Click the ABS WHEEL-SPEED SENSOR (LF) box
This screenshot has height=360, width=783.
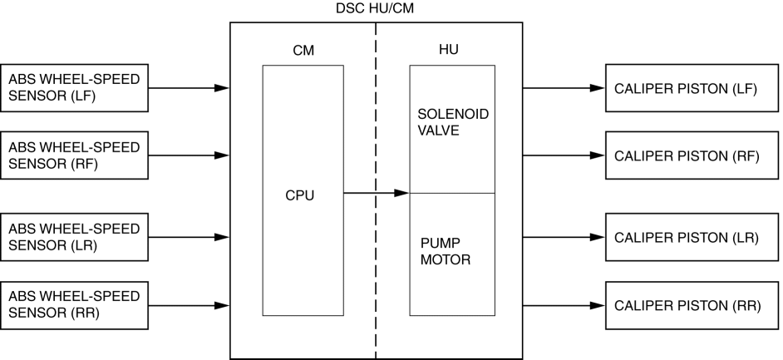pos(75,87)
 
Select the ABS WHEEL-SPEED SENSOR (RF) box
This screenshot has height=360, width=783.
pos(75,155)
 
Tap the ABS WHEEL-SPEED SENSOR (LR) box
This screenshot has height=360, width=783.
pos(75,237)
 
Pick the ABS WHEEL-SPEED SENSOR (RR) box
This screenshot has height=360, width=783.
pos(75,305)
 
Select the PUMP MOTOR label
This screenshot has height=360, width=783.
pos(446,251)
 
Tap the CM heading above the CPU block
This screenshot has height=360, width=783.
pos(303,50)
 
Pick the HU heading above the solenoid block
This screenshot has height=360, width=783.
pos(448,50)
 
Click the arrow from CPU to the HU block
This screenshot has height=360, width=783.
pos(376,194)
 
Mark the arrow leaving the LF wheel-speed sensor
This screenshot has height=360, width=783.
pos(190,87)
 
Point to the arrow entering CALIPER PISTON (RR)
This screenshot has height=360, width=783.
pos(564,305)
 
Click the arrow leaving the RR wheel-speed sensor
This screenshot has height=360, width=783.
pos(190,305)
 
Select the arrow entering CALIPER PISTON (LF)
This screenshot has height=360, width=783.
pos(564,87)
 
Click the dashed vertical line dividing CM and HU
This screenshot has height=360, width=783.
pos(377,274)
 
